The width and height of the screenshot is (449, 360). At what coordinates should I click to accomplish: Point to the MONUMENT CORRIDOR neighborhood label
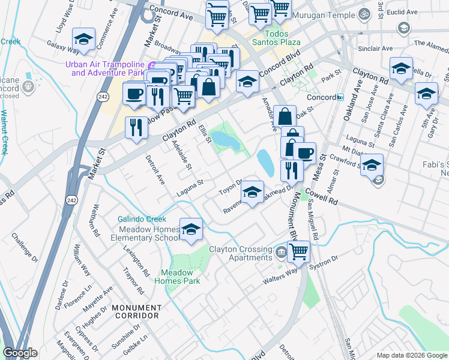coord(136,311)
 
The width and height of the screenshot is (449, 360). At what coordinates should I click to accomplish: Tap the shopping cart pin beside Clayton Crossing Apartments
coord(298,251)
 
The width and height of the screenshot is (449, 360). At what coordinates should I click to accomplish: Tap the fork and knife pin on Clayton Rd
coord(136,128)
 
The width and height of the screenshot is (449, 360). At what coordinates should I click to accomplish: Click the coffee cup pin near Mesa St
coord(304,154)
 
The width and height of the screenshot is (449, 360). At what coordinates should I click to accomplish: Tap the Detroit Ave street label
coord(155,170)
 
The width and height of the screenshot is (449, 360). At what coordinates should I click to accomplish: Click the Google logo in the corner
coord(20,353)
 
